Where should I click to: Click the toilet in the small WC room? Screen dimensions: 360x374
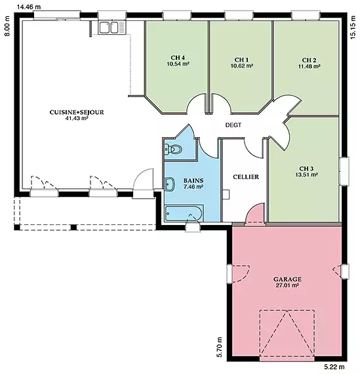pyautogui.click(x=173, y=150)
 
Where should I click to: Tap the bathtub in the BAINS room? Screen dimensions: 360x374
pyautogui.click(x=184, y=213)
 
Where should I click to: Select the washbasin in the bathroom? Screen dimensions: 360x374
pyautogui.click(x=170, y=184)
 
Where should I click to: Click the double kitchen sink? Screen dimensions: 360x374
pyautogui.click(x=112, y=28)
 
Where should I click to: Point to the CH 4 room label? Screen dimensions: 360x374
pyautogui.click(x=178, y=58)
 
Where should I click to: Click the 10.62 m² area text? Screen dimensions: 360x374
pyautogui.click(x=241, y=66)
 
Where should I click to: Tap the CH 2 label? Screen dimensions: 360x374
pyautogui.click(x=309, y=60)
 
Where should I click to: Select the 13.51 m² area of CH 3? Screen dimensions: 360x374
pyautogui.click(x=306, y=175)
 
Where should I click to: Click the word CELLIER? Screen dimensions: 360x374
pyautogui.click(x=246, y=177)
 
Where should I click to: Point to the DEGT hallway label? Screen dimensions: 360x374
pyautogui.click(x=233, y=125)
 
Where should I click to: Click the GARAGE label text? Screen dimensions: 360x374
pyautogui.click(x=287, y=279)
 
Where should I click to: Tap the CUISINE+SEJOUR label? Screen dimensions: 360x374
pyautogui.click(x=77, y=112)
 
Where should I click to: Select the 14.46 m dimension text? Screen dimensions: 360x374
pyautogui.click(x=29, y=7)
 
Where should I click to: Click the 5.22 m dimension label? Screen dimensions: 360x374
pyautogui.click(x=334, y=367)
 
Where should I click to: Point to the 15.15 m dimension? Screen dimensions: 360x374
pyautogui.click(x=353, y=26)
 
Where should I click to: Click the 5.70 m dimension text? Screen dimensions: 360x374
pyautogui.click(x=219, y=347)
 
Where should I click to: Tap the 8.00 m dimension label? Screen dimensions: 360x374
pyautogui.click(x=7, y=26)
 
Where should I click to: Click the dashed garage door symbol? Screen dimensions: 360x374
pyautogui.click(x=287, y=334)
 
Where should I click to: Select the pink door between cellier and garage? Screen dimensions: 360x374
pyautogui.click(x=255, y=214)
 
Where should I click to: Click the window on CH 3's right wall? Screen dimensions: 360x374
pyautogui.click(x=344, y=171)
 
